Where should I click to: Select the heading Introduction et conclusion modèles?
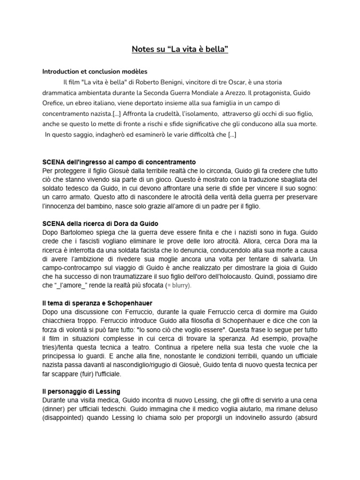coord(95,72)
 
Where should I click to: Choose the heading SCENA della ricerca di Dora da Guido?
coord(103,223)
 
